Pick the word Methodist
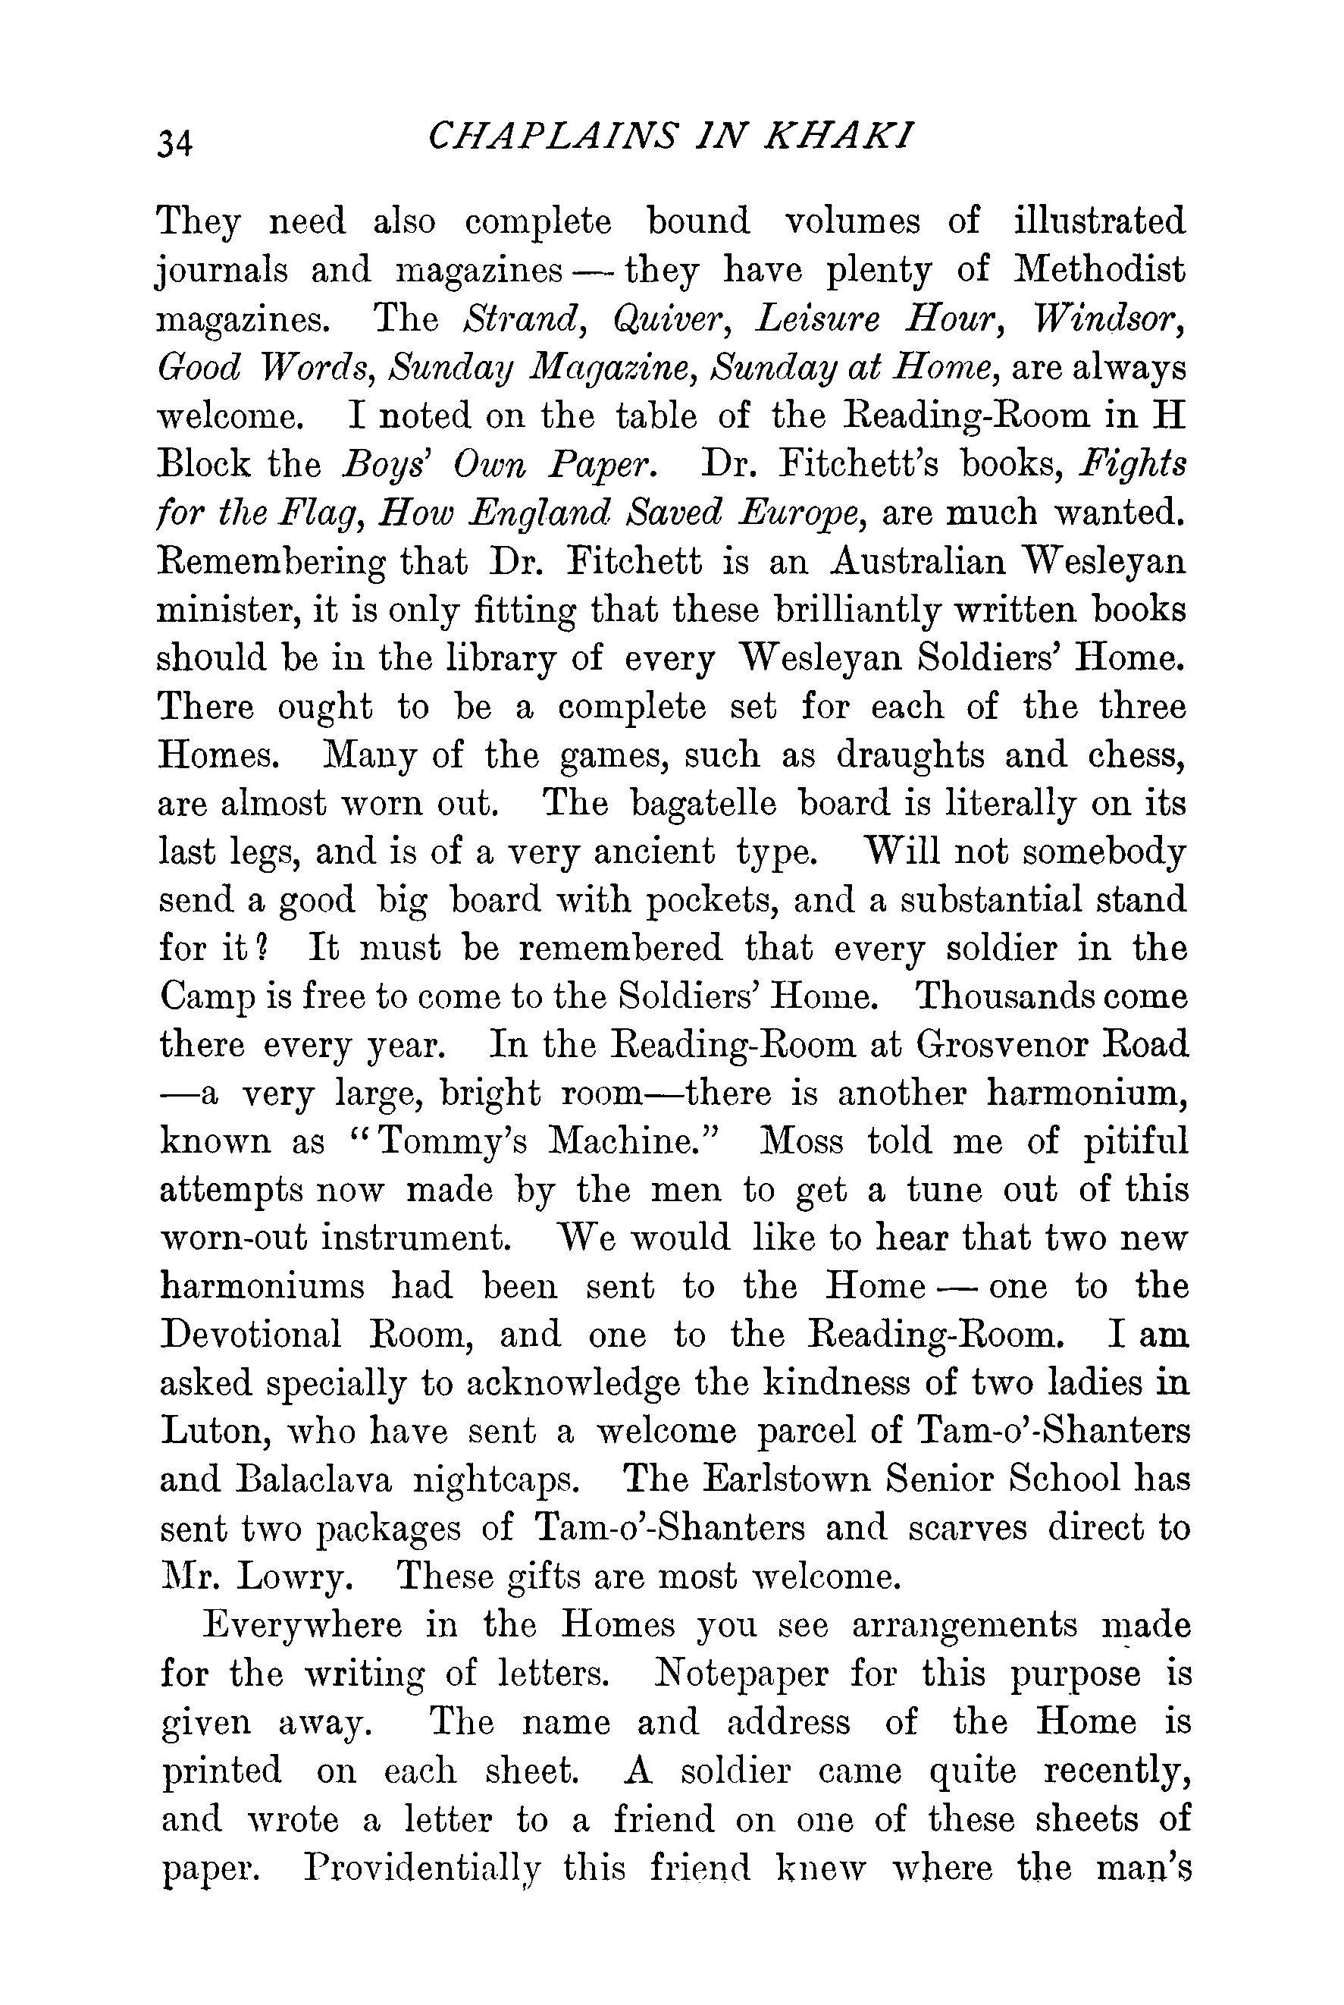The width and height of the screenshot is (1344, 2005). pyautogui.click(x=1100, y=270)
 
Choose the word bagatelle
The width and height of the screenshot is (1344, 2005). pyautogui.click(x=703, y=804)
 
